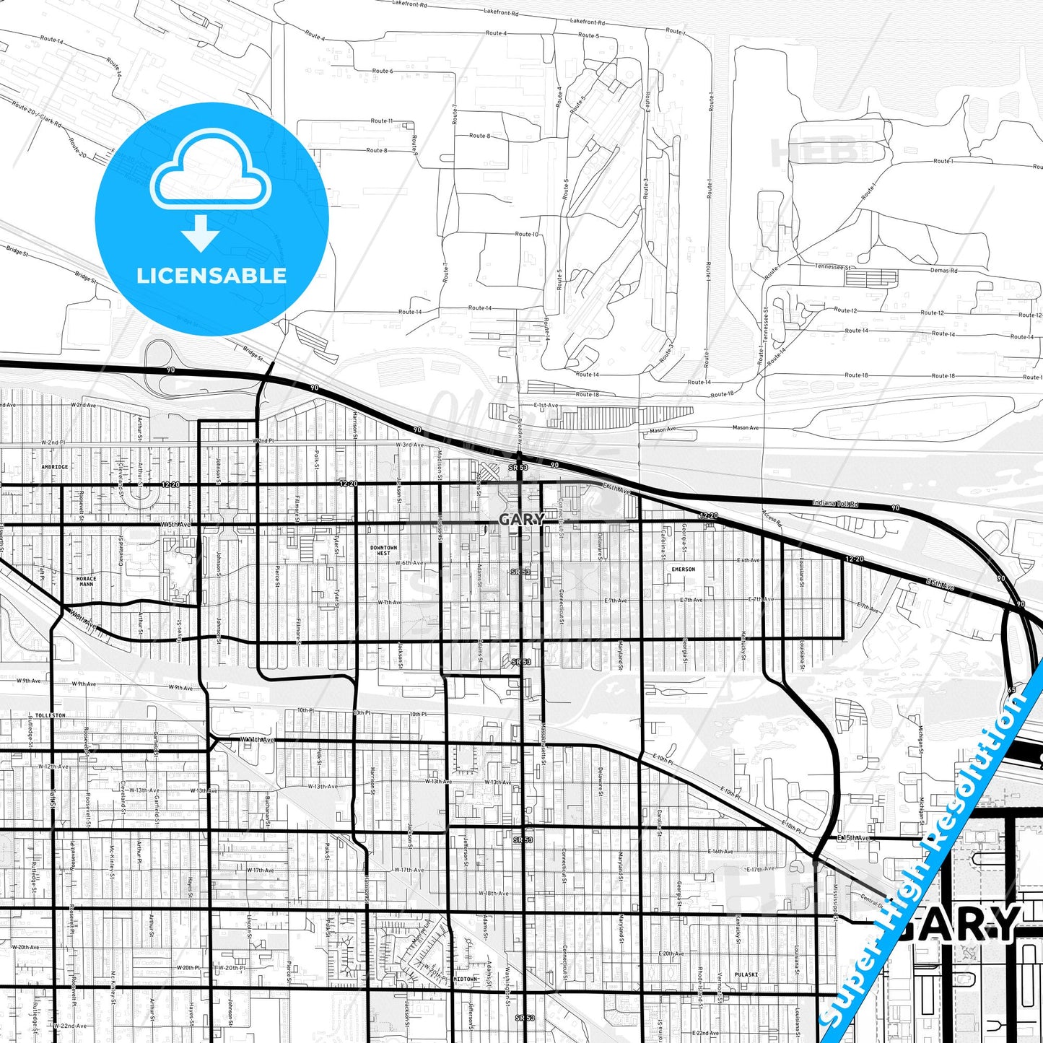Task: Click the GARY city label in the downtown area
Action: tap(521, 519)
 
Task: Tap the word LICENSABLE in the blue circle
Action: tap(211, 276)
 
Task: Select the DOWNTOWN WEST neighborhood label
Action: tap(383, 550)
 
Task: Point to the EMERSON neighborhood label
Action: tap(683, 569)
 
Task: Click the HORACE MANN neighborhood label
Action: tap(86, 581)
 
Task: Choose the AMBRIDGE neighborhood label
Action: tap(55, 467)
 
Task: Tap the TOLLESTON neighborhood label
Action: tap(50, 715)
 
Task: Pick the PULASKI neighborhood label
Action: tap(746, 974)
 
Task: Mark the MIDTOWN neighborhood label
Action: tap(465, 979)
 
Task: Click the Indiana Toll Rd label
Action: tap(835, 503)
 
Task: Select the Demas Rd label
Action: tap(943, 271)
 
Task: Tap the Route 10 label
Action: tap(527, 234)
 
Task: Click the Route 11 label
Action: tap(381, 121)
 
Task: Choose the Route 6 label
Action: tap(383, 71)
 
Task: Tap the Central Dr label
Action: tap(872, 901)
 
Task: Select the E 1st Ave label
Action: tap(546, 406)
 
